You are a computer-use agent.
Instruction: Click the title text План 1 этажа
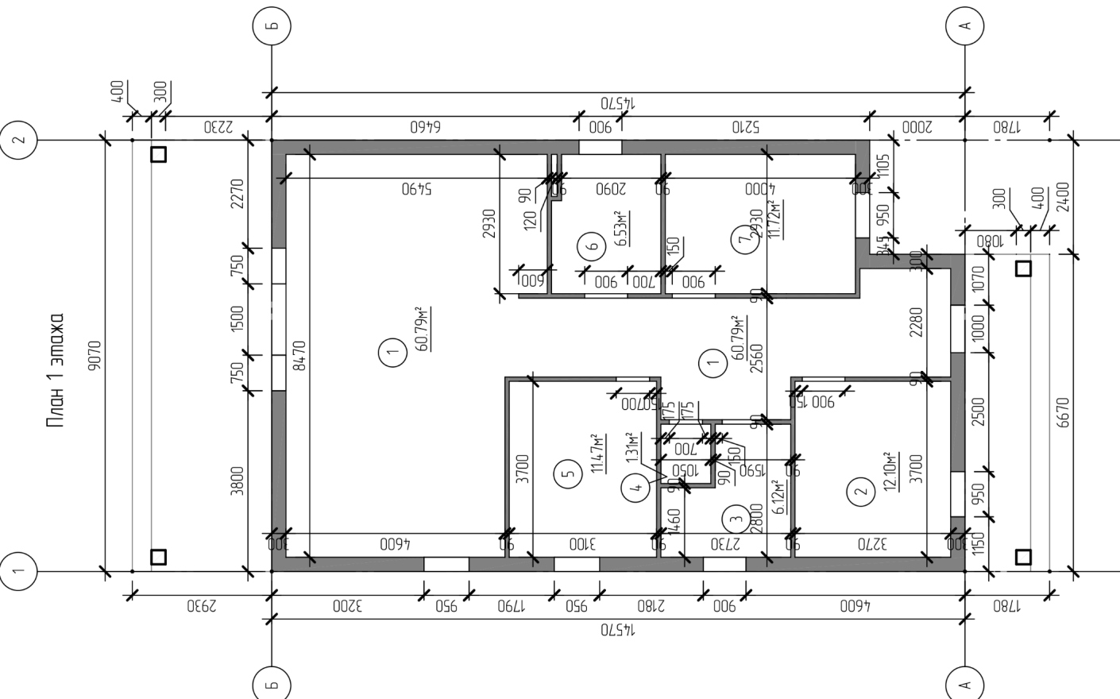click(x=55, y=370)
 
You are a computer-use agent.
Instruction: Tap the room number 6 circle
click(x=592, y=246)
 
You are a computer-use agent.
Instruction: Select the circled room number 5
click(x=567, y=475)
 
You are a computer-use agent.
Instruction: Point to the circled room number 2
click(x=860, y=492)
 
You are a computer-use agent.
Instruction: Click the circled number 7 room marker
click(x=743, y=239)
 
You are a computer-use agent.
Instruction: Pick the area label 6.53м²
click(x=622, y=229)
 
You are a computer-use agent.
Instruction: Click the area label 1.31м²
click(x=632, y=447)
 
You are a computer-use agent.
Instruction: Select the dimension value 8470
click(x=299, y=356)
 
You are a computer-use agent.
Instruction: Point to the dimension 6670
click(x=1064, y=412)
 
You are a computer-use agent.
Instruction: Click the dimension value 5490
click(x=416, y=189)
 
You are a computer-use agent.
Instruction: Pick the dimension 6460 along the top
click(x=425, y=126)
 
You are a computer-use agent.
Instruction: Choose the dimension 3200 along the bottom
click(x=346, y=606)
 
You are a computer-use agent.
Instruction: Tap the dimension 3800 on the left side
click(x=237, y=481)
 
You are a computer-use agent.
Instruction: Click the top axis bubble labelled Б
click(x=272, y=25)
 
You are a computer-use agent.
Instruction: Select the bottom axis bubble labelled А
click(x=965, y=682)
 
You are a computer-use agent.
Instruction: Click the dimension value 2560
click(x=756, y=358)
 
